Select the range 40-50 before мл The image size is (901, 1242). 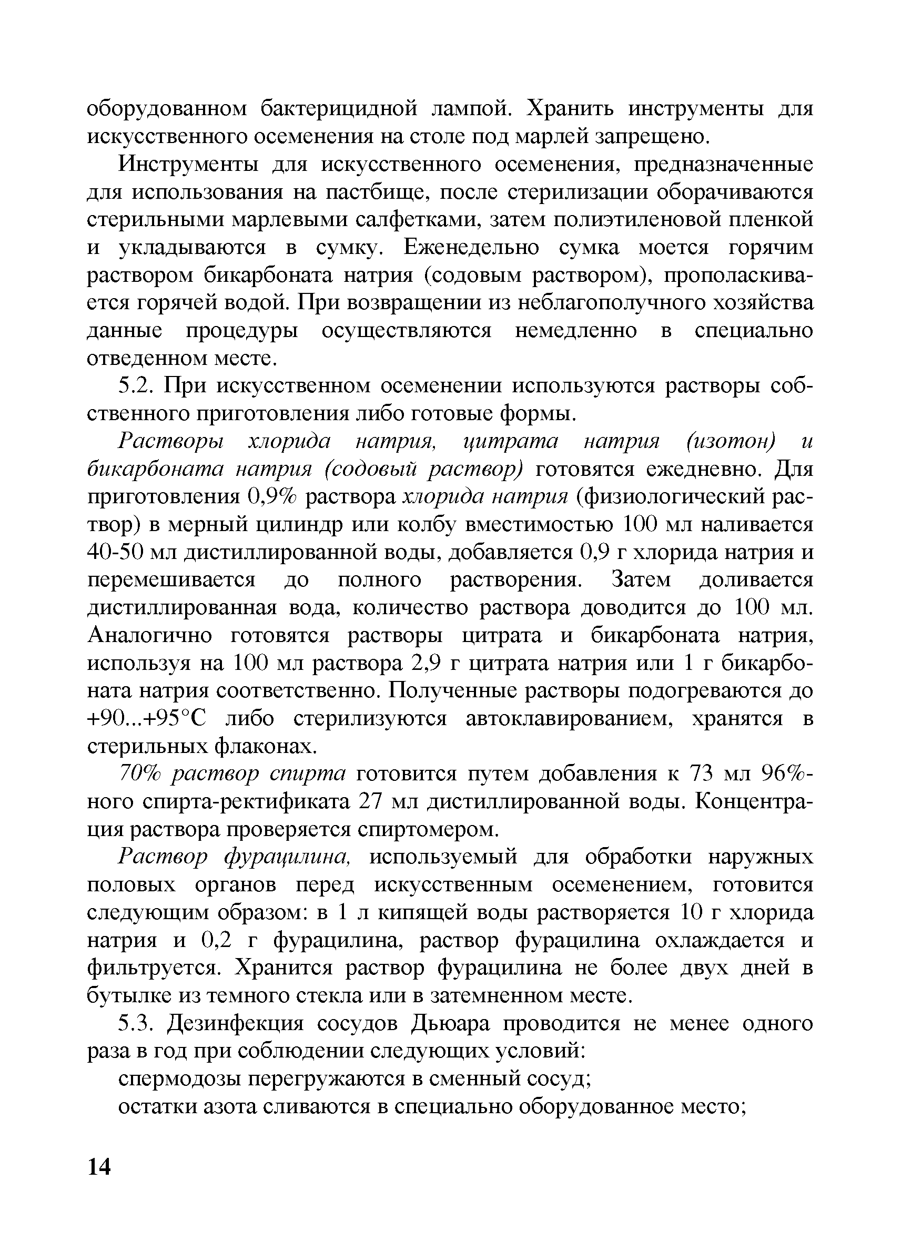[114, 552]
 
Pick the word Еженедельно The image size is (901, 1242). [472, 248]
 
